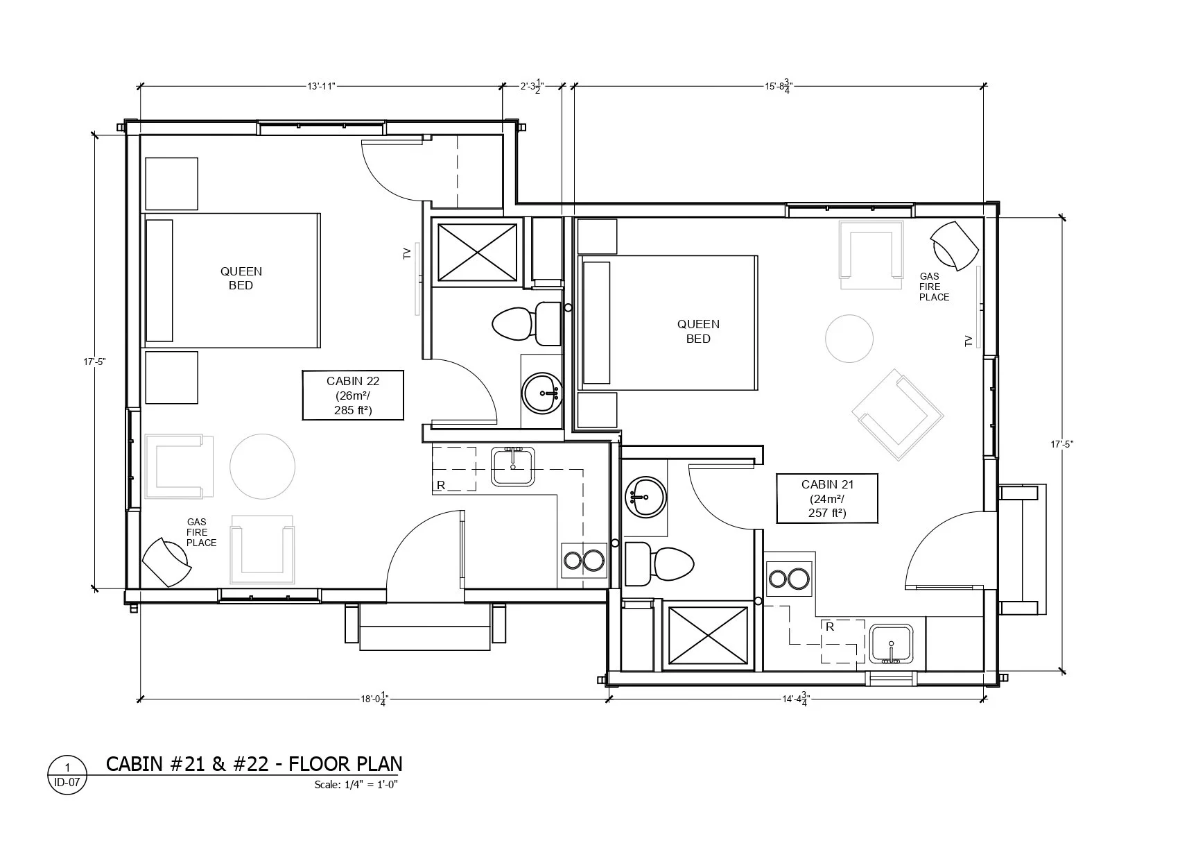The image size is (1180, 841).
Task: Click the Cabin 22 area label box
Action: tap(353, 395)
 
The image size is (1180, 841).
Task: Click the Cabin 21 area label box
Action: tap(827, 498)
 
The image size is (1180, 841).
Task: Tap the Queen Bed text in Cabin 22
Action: tap(241, 278)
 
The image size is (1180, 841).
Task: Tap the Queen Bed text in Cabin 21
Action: tap(698, 331)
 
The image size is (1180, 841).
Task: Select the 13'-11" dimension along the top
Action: tap(321, 87)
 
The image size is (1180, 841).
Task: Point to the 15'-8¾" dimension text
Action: tap(779, 87)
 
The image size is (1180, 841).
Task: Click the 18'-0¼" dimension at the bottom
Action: tap(374, 699)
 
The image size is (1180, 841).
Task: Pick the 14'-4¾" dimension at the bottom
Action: tap(796, 699)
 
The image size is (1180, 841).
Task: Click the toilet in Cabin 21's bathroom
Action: tap(659, 563)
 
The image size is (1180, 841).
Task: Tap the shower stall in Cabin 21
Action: tap(708, 636)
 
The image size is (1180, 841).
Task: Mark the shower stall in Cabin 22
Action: tap(477, 253)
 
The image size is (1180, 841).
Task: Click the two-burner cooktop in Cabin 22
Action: tap(584, 560)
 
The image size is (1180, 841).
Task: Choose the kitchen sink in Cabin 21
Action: tap(891, 644)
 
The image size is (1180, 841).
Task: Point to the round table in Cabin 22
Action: tap(262, 466)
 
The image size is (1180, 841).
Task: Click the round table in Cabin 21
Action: tap(849, 339)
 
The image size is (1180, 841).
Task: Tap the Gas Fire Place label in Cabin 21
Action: tap(934, 287)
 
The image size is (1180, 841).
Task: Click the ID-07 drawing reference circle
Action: tap(67, 775)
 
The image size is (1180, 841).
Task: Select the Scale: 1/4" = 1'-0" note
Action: tap(356, 785)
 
